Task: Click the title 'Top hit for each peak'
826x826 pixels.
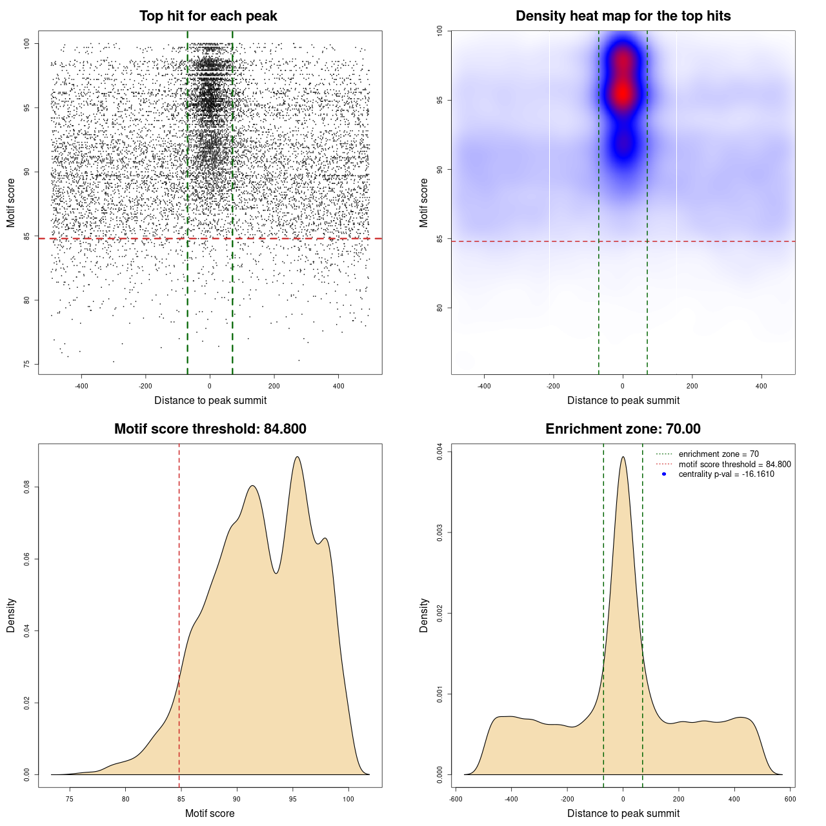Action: (x=208, y=16)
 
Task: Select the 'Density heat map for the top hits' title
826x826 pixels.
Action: (x=623, y=16)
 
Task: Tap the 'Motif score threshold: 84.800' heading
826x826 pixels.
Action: (x=210, y=429)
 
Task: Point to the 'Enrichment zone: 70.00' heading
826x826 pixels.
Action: (x=623, y=429)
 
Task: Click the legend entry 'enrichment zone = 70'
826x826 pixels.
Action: (x=718, y=454)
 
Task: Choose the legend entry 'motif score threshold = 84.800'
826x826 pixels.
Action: (x=734, y=464)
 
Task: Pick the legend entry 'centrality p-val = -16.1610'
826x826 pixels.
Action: (x=726, y=474)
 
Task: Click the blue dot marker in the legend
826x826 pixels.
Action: (x=664, y=474)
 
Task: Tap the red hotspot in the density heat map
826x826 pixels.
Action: (x=623, y=92)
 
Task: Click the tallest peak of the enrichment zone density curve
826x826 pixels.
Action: (x=623, y=458)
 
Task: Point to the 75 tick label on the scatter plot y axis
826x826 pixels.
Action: (x=26, y=364)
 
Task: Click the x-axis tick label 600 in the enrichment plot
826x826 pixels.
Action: (x=790, y=799)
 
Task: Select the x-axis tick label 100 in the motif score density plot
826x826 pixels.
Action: (x=348, y=799)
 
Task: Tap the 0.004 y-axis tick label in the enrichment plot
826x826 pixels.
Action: (x=439, y=452)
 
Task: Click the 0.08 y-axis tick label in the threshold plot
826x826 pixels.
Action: (x=26, y=487)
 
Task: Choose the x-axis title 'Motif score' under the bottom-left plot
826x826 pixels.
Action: (x=210, y=813)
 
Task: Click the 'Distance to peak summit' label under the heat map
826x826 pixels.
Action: (x=623, y=401)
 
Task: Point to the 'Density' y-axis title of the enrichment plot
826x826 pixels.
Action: (x=424, y=615)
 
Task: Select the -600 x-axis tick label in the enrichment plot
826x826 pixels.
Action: (x=456, y=799)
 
